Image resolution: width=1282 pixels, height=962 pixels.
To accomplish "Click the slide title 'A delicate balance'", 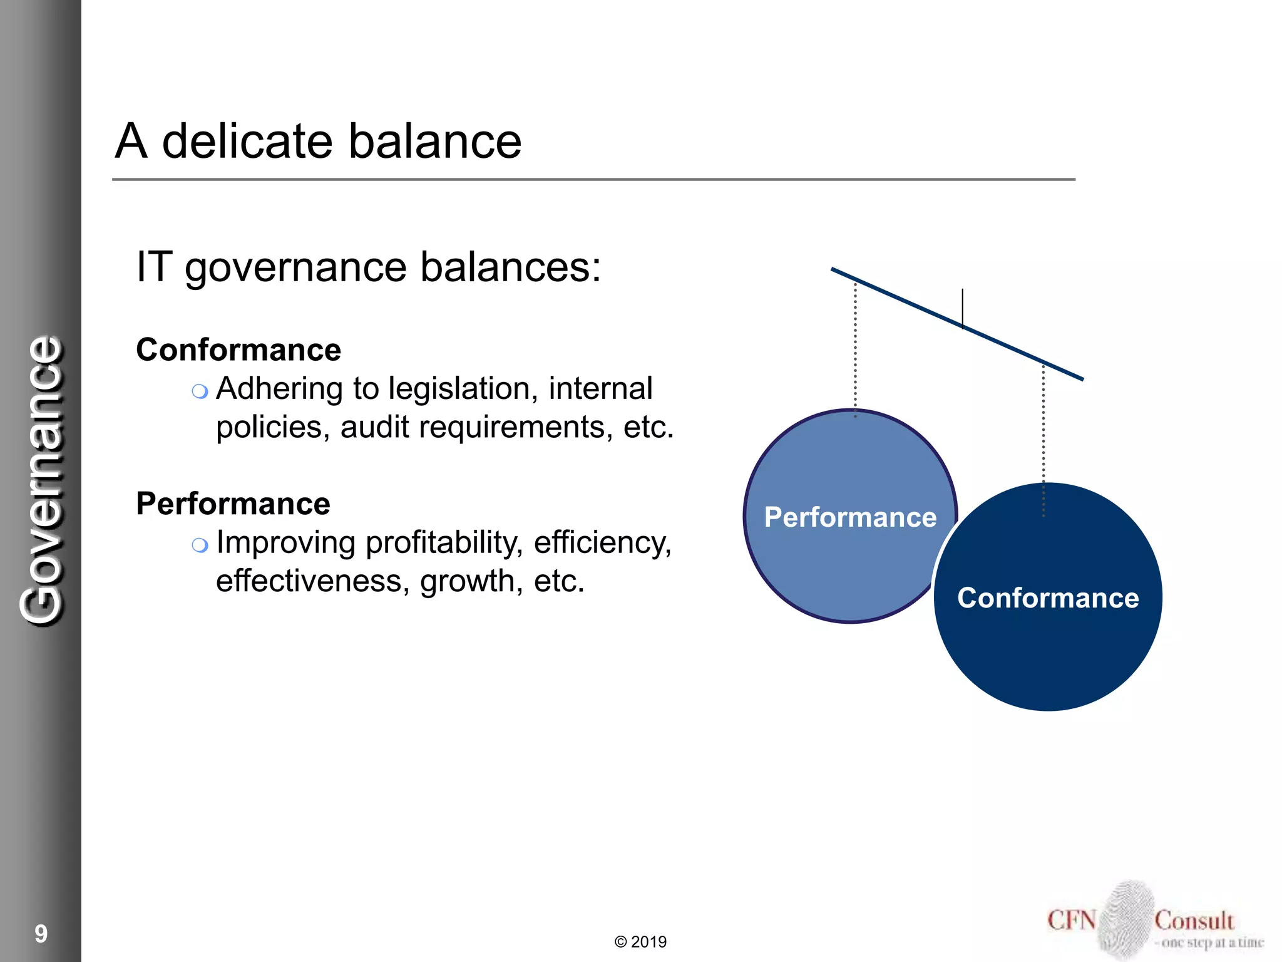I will (x=318, y=141).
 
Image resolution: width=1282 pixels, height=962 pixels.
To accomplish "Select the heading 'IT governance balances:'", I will (x=368, y=267).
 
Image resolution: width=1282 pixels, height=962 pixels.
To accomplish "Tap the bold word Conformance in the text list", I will (x=238, y=349).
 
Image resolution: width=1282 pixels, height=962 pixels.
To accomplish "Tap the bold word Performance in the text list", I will (x=233, y=504).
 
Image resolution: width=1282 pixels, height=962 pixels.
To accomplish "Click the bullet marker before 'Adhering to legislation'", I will (x=200, y=392).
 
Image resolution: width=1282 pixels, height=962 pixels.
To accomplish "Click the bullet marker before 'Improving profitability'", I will (x=200, y=546).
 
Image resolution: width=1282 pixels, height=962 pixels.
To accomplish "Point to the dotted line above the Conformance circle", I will (x=1044, y=438).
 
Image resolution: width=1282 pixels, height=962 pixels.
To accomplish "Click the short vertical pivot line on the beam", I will (x=963, y=307).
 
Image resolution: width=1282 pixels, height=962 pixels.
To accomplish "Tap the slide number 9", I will (x=41, y=934).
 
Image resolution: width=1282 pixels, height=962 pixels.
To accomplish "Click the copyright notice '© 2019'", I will (x=640, y=942).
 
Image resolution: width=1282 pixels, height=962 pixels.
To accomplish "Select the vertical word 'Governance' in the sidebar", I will (x=42, y=481).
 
